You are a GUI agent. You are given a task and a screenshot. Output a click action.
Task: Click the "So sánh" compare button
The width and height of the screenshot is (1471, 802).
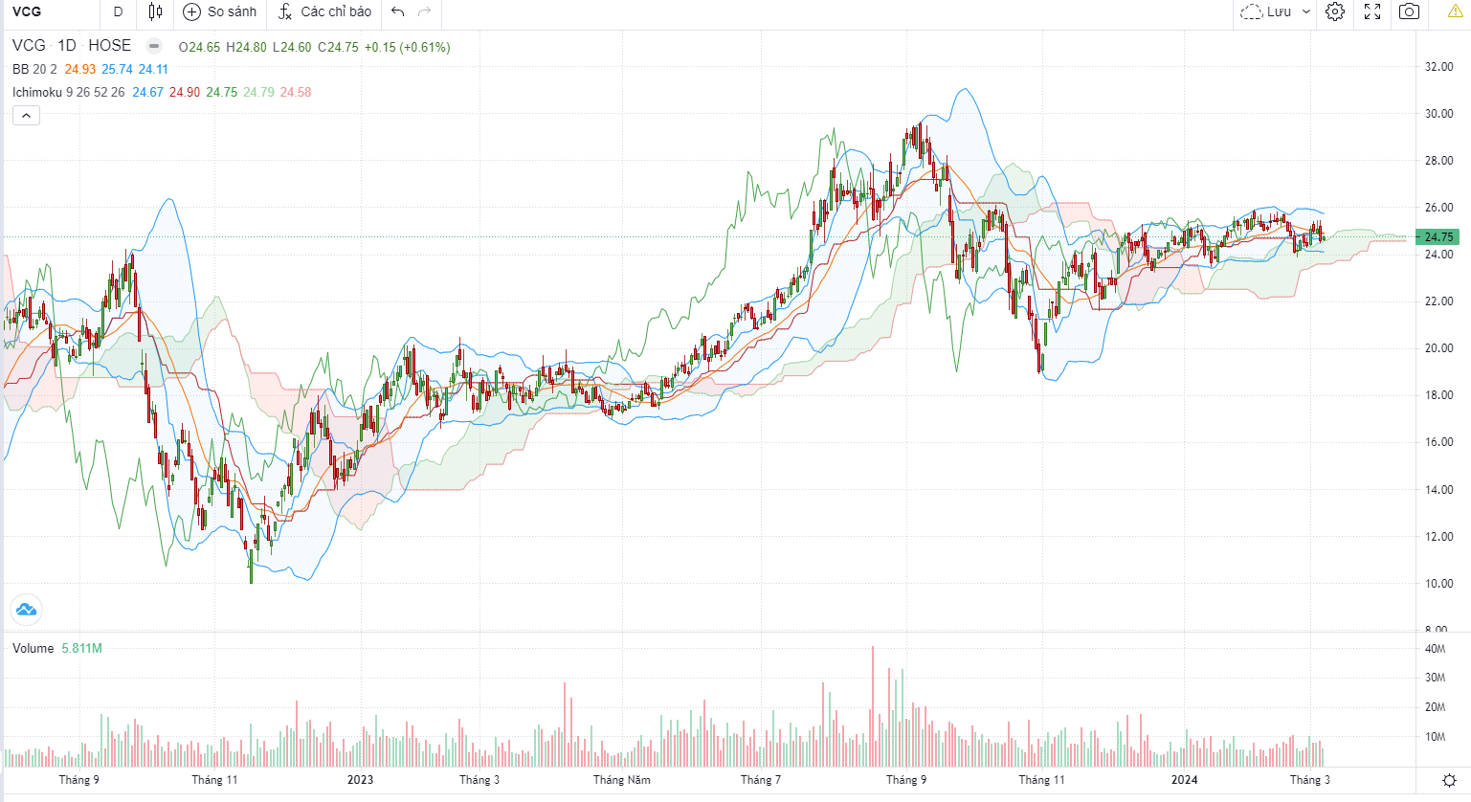coord(220,11)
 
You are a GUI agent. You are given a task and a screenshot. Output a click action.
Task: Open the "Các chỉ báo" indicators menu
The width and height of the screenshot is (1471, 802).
coord(324,11)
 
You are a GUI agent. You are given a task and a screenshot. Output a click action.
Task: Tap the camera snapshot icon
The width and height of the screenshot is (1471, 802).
coord(1409,11)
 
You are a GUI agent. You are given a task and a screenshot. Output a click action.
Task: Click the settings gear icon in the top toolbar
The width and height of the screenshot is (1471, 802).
coord(1335,11)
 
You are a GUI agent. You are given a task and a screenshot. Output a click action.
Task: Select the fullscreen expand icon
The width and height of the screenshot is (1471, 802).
coord(1372,11)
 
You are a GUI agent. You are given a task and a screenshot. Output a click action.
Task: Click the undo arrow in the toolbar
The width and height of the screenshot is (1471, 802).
coord(398,11)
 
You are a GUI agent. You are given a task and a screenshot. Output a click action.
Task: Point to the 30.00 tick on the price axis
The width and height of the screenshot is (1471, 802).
coord(1438,114)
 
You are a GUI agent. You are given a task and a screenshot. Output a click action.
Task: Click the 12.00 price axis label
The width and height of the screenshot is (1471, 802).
coord(1438,537)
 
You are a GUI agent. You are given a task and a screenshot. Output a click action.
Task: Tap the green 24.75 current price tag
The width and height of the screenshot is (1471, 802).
coord(1438,237)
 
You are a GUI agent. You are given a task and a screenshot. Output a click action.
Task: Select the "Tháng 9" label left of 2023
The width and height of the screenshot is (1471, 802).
coord(78,780)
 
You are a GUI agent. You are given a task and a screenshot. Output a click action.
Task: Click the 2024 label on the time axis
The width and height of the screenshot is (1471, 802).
coord(1185,780)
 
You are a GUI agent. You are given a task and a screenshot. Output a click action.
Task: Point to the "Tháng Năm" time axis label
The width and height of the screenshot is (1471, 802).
coord(621,780)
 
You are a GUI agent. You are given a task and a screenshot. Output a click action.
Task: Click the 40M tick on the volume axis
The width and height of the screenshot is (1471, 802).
coord(1435,649)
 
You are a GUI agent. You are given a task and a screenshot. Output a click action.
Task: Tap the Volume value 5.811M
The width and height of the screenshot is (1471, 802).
coord(81,649)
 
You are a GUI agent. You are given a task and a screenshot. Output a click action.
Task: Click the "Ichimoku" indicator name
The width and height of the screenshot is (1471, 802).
coord(37,93)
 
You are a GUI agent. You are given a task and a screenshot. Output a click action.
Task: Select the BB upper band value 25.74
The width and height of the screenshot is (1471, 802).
coord(117,70)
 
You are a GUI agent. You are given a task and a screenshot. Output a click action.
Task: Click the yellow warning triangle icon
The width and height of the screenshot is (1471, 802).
coord(1455,11)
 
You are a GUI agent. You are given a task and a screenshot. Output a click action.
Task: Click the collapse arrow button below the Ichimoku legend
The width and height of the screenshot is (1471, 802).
coord(26,116)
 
